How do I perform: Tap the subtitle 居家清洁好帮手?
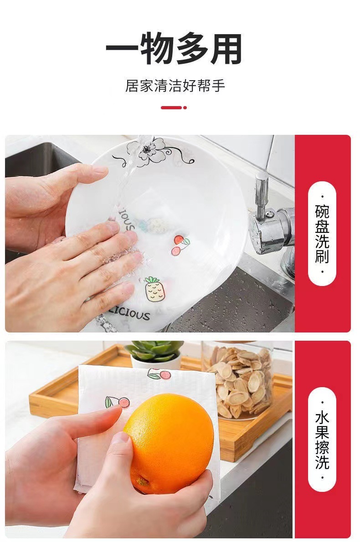pyautogui.click(x=175, y=86)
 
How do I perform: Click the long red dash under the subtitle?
pyautogui.click(x=171, y=107)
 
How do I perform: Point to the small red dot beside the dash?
pyautogui.click(x=185, y=107)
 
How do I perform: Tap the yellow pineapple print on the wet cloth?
pyautogui.click(x=152, y=289)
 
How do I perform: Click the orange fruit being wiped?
pyautogui.click(x=170, y=442)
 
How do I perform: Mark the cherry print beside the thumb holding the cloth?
pyautogui.click(x=118, y=403)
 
